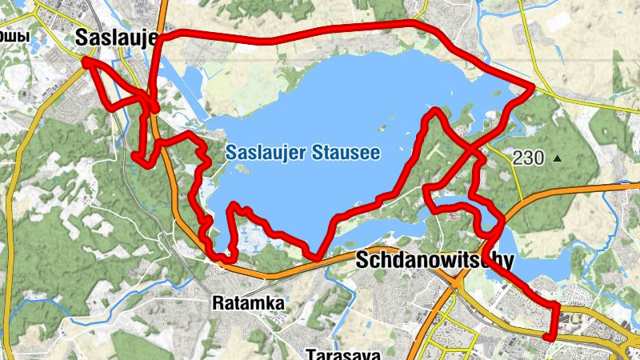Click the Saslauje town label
point(117,38)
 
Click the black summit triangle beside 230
point(558,158)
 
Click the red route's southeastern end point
point(547,338)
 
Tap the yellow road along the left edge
point(10,224)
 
